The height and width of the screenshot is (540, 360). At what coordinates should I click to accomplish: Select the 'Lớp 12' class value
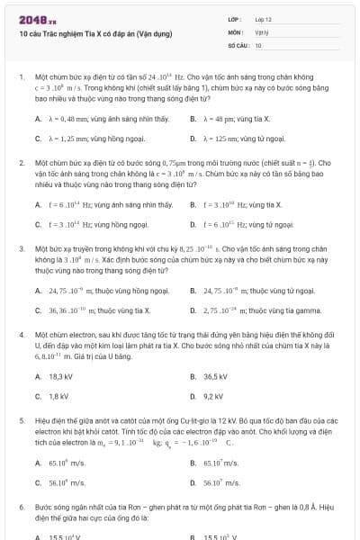(262, 19)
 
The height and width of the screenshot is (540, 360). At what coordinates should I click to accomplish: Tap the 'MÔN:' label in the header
(236, 31)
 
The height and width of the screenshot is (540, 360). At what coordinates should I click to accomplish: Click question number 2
(21, 163)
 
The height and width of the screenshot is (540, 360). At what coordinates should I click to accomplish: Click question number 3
(21, 246)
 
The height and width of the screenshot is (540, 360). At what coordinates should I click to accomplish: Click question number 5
(21, 419)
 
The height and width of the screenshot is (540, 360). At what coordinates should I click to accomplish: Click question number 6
(21, 508)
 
